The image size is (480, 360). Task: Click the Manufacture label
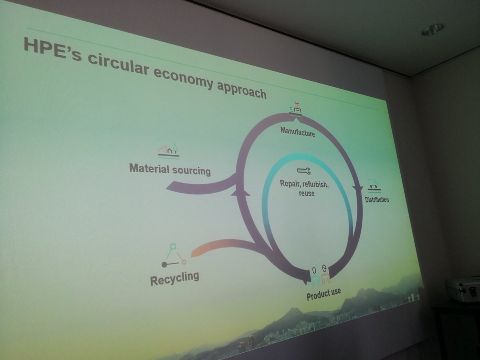coord(298,131)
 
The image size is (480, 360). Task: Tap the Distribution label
coord(377,199)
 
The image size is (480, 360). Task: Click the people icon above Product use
coord(320,276)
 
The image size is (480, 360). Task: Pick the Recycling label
coord(174,278)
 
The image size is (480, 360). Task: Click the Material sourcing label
coord(170,169)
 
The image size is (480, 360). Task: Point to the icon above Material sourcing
coord(168,150)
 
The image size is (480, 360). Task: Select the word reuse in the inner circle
coord(306,193)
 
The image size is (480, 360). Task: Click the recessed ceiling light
coord(432,29)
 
